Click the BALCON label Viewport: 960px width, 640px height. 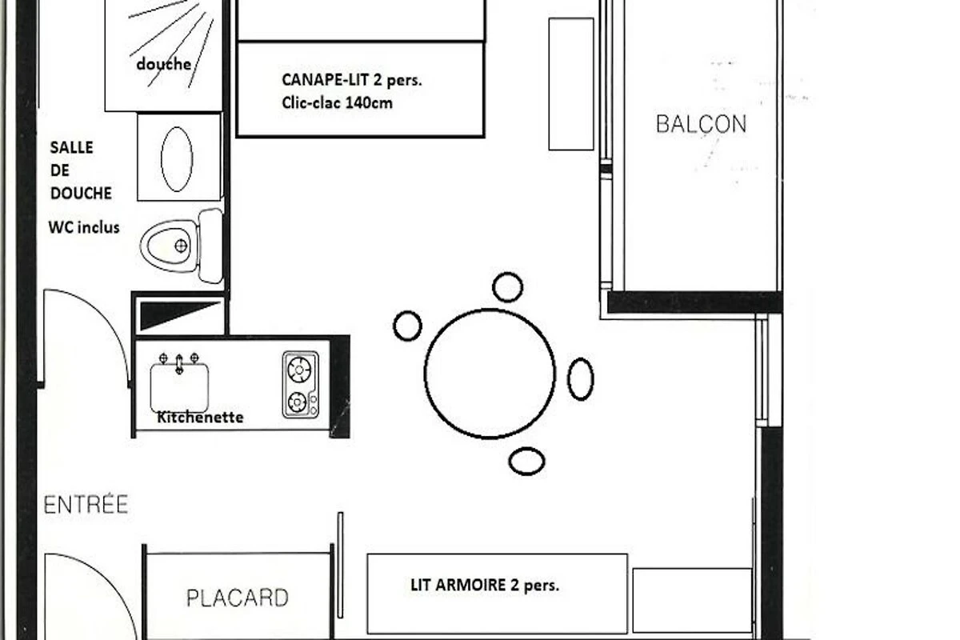(701, 124)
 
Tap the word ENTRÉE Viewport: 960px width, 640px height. (86, 504)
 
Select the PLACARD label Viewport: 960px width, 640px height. (238, 598)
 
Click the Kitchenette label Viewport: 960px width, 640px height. (200, 417)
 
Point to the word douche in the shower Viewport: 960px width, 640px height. (164, 64)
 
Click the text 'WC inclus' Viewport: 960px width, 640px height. (84, 228)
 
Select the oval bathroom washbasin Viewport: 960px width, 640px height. (177, 159)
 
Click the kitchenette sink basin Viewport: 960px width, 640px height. (179, 387)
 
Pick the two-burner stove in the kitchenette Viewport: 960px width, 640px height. (301, 385)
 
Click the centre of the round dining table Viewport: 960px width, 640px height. (490, 374)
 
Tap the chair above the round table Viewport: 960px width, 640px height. (507, 287)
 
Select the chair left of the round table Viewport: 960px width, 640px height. (407, 326)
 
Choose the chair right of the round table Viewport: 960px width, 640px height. (581, 379)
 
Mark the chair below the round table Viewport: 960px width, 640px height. (526, 462)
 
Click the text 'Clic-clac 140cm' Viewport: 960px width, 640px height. (337, 103)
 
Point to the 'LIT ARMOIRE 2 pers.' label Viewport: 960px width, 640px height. (485, 585)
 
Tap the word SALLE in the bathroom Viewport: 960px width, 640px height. (71, 147)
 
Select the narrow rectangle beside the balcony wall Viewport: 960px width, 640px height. (571, 84)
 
